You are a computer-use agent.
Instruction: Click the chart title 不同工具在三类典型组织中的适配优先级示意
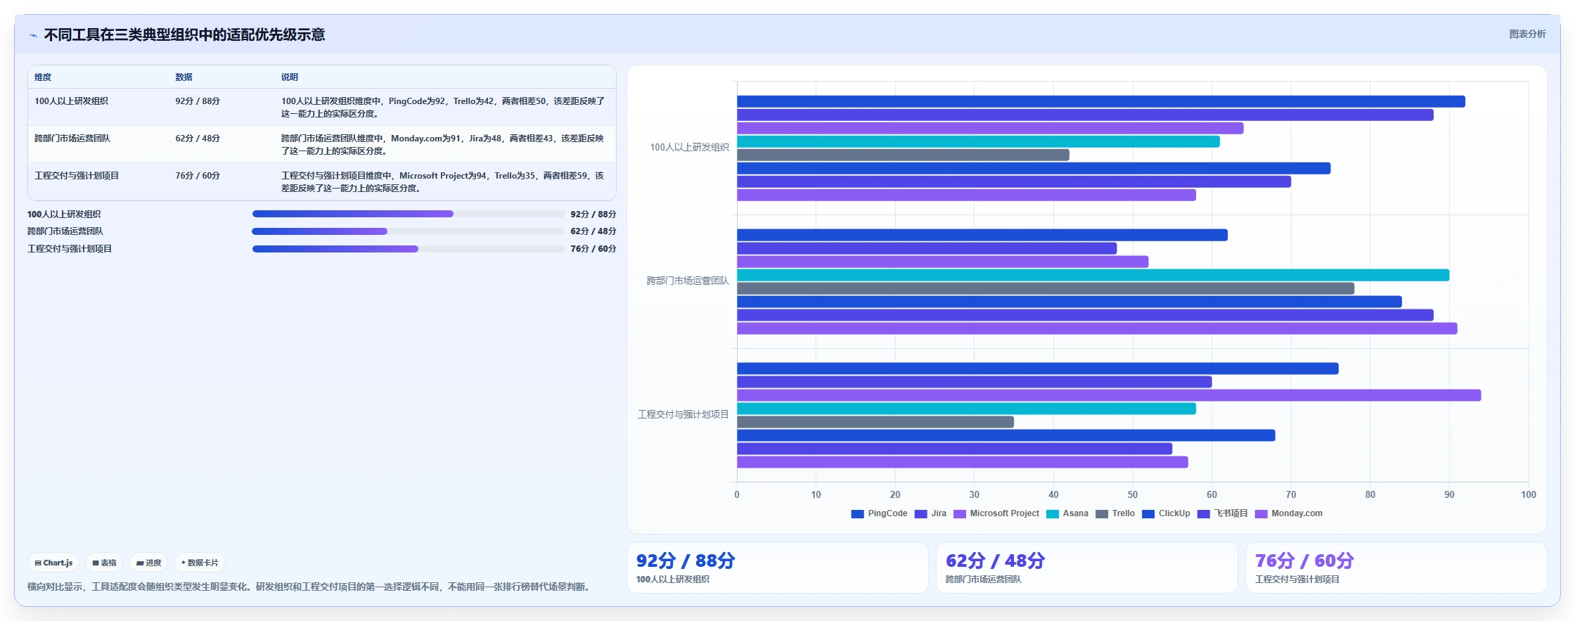click(x=184, y=34)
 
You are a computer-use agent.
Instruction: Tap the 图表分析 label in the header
click(x=1527, y=34)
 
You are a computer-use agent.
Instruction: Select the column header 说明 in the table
click(x=290, y=77)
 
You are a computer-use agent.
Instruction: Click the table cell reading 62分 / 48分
click(x=198, y=139)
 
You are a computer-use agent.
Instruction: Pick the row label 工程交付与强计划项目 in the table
click(x=77, y=176)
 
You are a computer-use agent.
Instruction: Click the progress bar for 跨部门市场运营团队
click(x=408, y=231)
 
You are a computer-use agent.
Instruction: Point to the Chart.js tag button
click(x=53, y=563)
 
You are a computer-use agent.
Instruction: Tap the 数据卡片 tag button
click(x=200, y=563)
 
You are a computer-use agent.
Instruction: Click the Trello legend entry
click(x=1115, y=513)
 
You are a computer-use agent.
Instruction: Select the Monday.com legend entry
click(x=1289, y=513)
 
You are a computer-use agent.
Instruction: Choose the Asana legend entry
click(x=1067, y=513)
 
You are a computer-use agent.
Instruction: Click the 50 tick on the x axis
click(x=1133, y=494)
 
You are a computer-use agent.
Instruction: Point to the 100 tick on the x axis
click(x=1529, y=494)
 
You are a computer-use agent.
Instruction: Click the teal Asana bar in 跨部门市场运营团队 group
click(x=1093, y=275)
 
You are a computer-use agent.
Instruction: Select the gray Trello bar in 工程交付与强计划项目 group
click(x=875, y=422)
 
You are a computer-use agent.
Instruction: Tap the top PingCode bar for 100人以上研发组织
click(x=1101, y=101)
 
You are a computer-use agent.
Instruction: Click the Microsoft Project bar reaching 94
click(x=1109, y=395)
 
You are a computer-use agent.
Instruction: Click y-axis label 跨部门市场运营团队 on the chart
click(x=688, y=281)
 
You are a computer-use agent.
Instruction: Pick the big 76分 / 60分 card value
click(x=1304, y=561)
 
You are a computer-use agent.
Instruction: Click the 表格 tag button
click(x=104, y=563)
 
